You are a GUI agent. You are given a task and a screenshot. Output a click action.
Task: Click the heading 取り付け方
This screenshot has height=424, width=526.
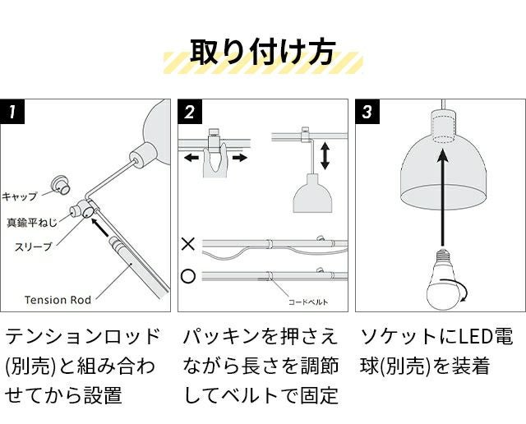coord(262,53)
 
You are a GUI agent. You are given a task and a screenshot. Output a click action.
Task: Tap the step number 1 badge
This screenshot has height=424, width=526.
coord(12,112)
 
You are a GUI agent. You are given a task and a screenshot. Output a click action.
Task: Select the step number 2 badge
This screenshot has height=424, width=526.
coord(190,112)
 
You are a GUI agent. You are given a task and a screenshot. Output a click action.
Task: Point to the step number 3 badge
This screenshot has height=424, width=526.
coord(367,112)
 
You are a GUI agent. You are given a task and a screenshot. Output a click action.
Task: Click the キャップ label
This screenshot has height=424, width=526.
coord(20,196)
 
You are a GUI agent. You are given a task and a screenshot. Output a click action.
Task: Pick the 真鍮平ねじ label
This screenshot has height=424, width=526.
coord(32,223)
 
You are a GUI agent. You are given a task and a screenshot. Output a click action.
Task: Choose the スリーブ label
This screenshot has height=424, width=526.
coord(34,247)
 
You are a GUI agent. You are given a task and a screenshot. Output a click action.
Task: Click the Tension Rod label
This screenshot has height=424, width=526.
coord(58,300)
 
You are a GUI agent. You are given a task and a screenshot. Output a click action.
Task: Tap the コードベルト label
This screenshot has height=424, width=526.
coord(308,302)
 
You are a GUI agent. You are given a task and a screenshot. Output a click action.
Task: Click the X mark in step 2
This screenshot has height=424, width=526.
coord(188,244)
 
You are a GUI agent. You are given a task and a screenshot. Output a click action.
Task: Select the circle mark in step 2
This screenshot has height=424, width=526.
coord(188,276)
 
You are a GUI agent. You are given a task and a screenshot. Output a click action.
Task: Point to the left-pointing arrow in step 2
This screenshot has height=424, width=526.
coord(191,158)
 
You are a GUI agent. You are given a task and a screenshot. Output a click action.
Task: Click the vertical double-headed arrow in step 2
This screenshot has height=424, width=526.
coord(325,155)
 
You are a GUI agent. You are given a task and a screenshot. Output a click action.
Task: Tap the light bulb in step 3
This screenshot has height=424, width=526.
coord(444,281)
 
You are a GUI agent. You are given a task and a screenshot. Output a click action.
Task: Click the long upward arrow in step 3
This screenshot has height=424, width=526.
coord(443,197)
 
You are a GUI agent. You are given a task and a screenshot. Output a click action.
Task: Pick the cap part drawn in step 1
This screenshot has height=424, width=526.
coord(60,185)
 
